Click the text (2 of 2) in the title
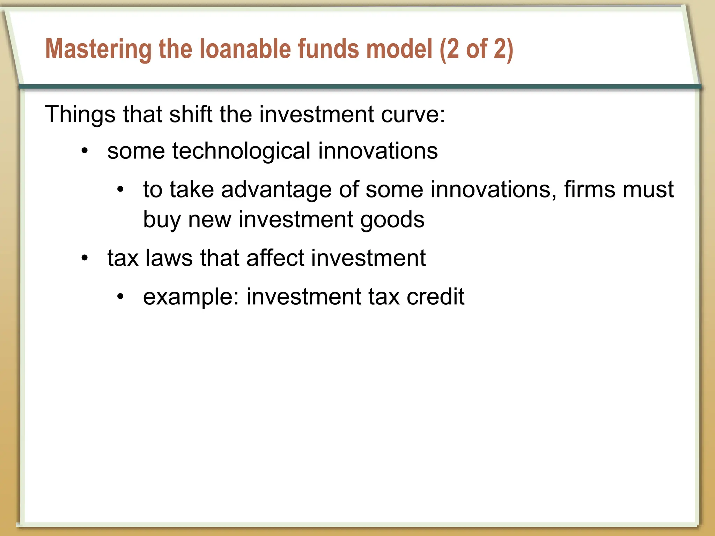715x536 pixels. click(476, 49)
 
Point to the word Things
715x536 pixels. click(80, 114)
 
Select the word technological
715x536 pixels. click(241, 151)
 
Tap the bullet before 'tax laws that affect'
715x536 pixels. click(84, 259)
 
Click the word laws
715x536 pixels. click(169, 258)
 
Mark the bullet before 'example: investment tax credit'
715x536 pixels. click(120, 297)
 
